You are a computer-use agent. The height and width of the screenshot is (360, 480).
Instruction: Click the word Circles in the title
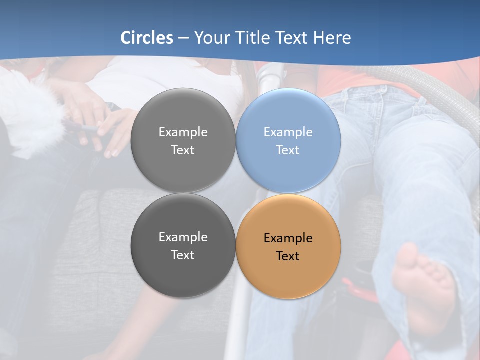pos(147,38)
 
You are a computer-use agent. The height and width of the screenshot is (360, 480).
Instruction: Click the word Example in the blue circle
pos(288,132)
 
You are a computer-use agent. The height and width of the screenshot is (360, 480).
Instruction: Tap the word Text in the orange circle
pos(288,256)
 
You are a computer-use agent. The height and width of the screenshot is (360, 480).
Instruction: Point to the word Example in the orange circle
pos(288,238)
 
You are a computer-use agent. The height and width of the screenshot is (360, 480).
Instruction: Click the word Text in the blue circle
pos(288,150)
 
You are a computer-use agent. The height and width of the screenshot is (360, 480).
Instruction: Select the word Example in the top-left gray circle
pos(183,132)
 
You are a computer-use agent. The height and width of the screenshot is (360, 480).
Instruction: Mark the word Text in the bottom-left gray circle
pos(183,255)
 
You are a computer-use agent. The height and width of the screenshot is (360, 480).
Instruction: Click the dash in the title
pos(183,38)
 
